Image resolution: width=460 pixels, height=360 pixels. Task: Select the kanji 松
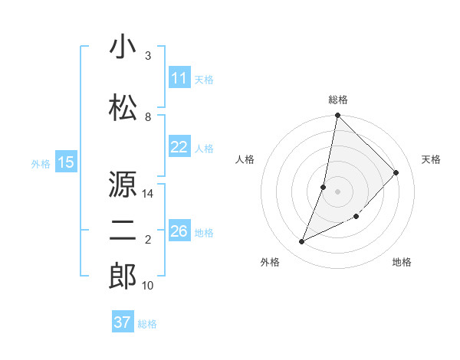click(x=123, y=108)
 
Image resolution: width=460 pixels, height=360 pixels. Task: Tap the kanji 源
click(x=123, y=185)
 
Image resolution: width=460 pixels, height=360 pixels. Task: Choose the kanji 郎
click(x=123, y=277)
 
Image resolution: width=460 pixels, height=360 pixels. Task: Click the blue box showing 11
click(x=179, y=79)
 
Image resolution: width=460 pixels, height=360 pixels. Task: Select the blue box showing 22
click(x=179, y=148)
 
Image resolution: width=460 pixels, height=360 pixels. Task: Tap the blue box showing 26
click(x=179, y=232)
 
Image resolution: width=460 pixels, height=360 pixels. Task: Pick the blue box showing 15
click(x=66, y=162)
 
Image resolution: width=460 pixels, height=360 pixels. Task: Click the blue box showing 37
click(x=123, y=322)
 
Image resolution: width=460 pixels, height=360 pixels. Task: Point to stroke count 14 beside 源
click(x=148, y=194)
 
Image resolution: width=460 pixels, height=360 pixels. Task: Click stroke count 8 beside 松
click(x=148, y=117)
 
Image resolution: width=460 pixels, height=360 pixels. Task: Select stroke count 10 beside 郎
click(x=148, y=286)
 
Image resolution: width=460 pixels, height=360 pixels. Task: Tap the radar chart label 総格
click(x=338, y=100)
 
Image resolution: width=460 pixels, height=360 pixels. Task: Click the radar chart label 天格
click(x=431, y=159)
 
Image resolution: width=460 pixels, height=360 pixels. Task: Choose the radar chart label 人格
click(x=245, y=159)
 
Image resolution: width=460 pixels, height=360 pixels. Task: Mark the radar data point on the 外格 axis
click(x=302, y=242)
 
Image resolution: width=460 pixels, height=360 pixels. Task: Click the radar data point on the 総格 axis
click(x=338, y=116)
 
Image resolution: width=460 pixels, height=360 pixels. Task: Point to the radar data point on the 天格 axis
click(x=396, y=173)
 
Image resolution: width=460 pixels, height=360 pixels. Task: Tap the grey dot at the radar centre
click(x=338, y=191)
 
